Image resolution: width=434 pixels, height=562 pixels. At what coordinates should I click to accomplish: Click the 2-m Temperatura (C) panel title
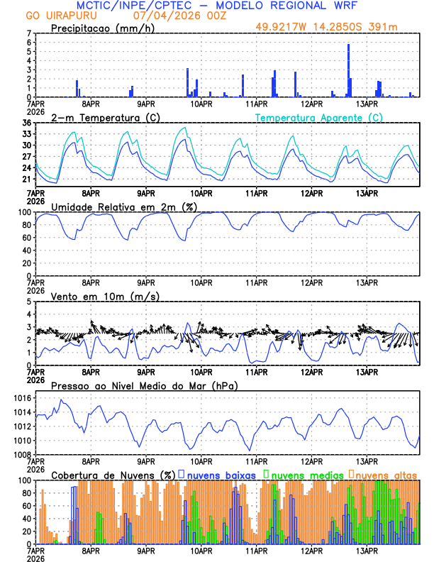(x=104, y=117)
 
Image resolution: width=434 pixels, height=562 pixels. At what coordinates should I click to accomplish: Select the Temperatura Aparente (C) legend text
(x=319, y=117)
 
